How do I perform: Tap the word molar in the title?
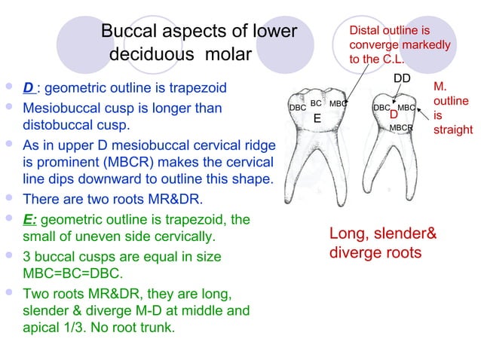(234, 56)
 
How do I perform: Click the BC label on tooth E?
(317, 102)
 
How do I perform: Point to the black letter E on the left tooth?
(317, 118)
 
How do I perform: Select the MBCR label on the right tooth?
(401, 129)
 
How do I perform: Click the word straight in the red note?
(452, 130)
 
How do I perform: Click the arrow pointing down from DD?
(405, 94)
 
